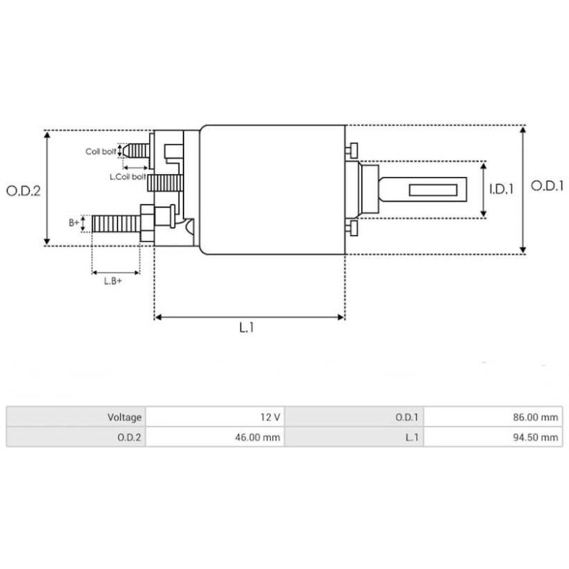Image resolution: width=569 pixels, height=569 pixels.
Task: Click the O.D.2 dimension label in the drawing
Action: coord(23,191)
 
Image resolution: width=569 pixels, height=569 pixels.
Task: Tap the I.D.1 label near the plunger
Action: coord(501,189)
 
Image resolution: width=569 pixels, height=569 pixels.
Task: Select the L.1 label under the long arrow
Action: coord(246,328)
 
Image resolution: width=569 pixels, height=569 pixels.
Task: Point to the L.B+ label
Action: coord(113,282)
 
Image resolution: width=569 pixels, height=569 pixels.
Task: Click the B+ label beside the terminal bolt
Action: coord(74,223)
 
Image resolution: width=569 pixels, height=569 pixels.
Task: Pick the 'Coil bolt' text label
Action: coord(100,151)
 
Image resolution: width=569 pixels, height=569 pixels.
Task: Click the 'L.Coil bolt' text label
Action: coord(127,176)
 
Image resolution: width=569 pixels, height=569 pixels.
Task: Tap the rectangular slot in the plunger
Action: coord(432,190)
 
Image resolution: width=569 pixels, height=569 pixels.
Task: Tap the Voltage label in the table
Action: coord(124,418)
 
